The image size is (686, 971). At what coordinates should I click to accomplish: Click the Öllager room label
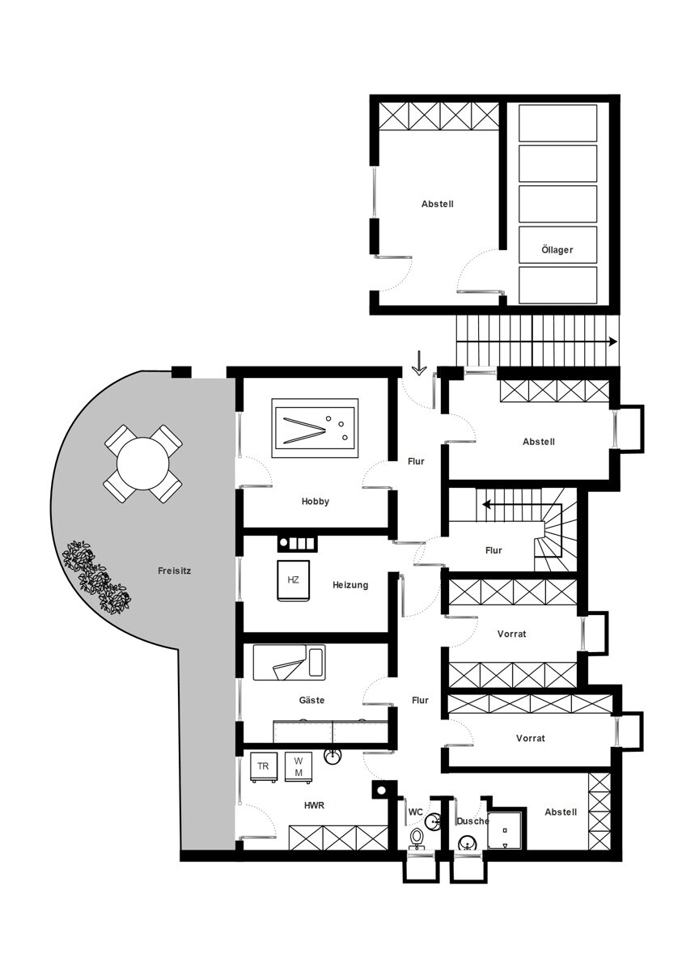557,250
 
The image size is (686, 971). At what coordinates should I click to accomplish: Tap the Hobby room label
315,502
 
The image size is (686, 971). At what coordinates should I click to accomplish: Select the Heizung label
350,585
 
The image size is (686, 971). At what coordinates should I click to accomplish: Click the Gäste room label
311,700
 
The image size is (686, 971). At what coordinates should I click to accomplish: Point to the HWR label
314,805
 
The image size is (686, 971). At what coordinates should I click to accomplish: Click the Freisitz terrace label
174,571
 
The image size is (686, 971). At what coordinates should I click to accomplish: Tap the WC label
415,812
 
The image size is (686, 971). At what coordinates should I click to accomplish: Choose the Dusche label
472,821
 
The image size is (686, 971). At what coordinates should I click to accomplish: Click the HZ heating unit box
293,580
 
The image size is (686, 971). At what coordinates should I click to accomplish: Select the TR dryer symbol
263,766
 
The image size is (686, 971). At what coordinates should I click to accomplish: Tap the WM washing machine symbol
299,766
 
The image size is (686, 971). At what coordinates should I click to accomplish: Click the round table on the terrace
142,464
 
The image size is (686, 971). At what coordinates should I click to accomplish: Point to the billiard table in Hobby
315,428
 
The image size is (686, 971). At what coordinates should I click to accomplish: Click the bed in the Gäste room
289,662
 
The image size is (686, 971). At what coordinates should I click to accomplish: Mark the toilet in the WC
417,837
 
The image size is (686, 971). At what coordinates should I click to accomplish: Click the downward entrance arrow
418,363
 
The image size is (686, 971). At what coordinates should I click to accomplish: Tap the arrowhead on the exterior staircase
612,341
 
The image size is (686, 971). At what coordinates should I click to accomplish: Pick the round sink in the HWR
332,757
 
